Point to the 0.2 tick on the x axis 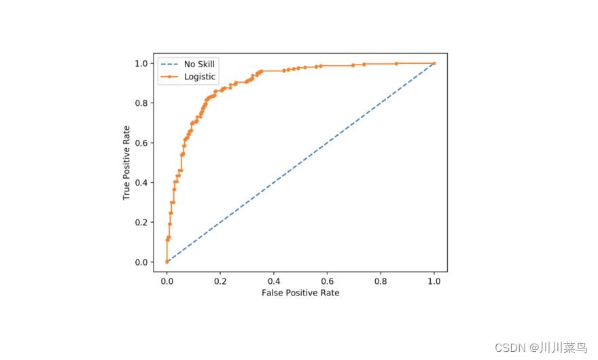pos(220,281)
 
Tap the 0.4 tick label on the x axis pos(274,281)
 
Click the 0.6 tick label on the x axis pos(328,281)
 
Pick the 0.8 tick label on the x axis pos(381,281)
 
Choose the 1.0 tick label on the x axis pos(434,281)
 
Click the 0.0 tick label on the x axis pos(166,281)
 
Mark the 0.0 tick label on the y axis pos(141,262)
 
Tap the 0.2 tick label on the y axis pos(141,222)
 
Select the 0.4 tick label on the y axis pos(141,183)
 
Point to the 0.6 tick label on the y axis pos(141,143)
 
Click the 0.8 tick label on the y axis pos(141,103)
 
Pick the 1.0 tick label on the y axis pos(141,63)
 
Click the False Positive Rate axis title pos(300,293)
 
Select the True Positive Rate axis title pos(126,163)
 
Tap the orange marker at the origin pos(166,262)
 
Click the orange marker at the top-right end pos(434,63)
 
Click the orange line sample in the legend pos(169,77)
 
